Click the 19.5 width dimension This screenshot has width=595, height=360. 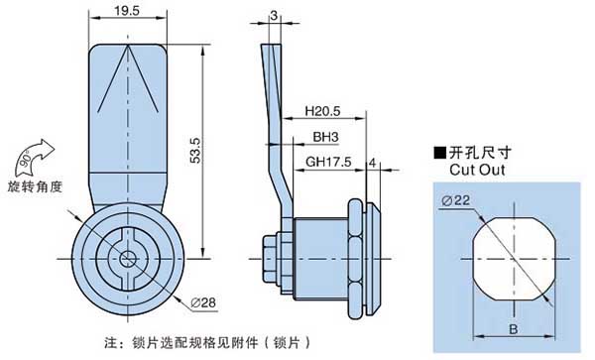click(x=127, y=10)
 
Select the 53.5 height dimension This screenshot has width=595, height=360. click(x=195, y=151)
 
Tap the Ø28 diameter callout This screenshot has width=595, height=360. click(x=203, y=302)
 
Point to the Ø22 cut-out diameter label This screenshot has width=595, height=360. click(x=455, y=200)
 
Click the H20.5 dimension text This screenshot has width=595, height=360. click(x=323, y=111)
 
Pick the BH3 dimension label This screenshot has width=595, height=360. click(x=325, y=137)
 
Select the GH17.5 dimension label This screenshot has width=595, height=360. click(x=328, y=162)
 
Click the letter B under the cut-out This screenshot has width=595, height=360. click(x=513, y=329)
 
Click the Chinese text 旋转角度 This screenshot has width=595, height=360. click(x=35, y=186)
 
